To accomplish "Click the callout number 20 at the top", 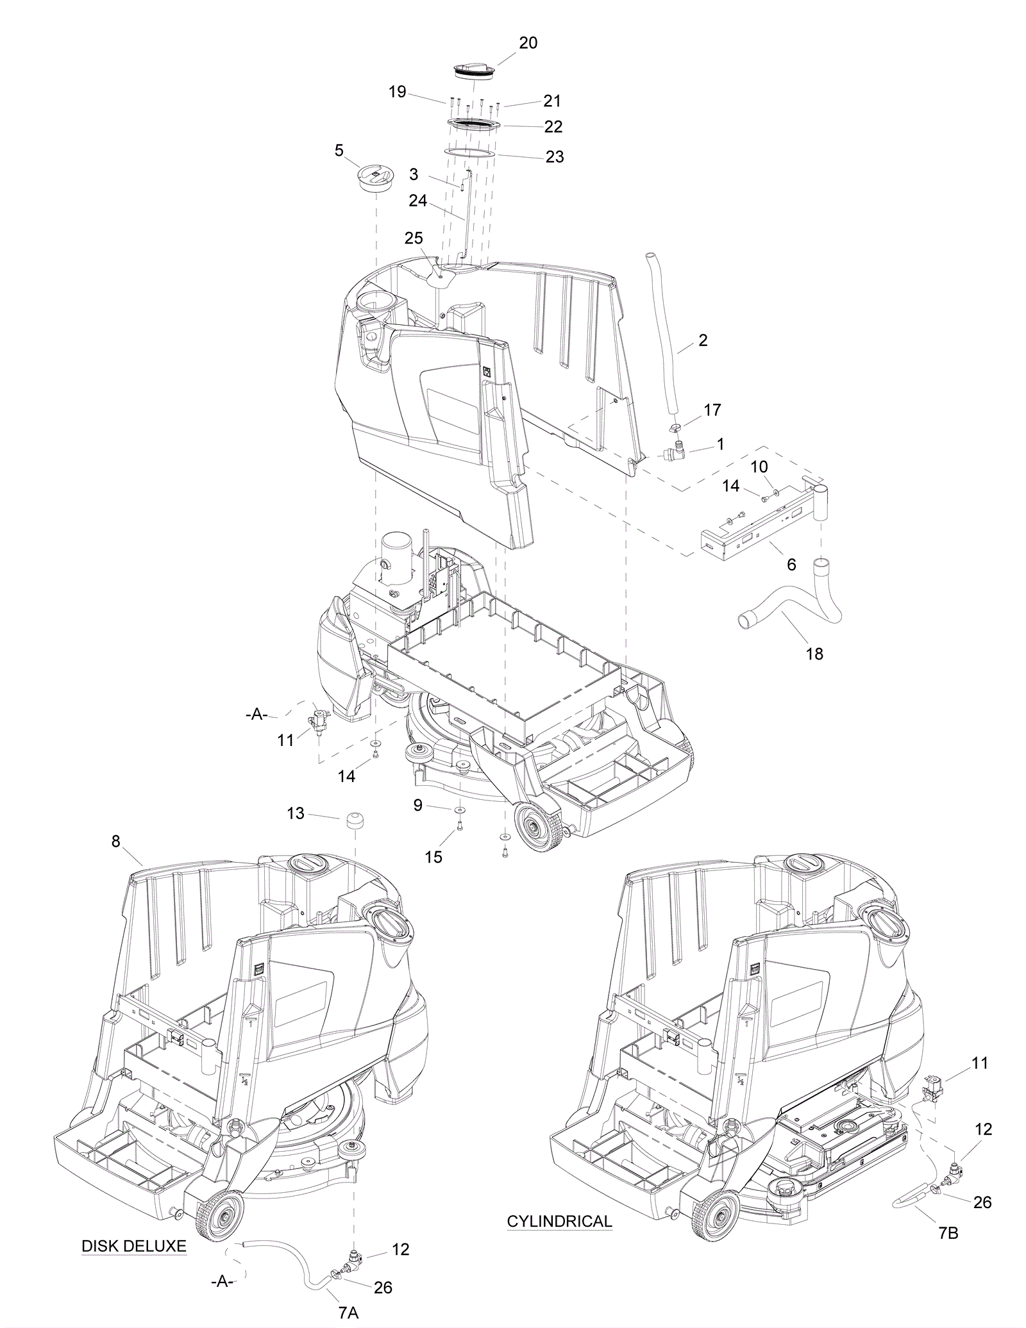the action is point(528,43).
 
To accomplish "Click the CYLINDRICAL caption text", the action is point(560,1221).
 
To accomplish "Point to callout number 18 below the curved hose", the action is point(814,654).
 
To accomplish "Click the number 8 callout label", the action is point(115,842).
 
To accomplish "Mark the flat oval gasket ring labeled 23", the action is point(471,154).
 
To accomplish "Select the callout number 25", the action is point(414,238).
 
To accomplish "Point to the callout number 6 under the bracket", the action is point(791,564).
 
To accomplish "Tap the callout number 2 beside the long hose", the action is point(703,340).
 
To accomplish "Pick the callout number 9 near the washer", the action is point(418,806).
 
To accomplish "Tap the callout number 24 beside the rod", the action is point(418,201).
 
